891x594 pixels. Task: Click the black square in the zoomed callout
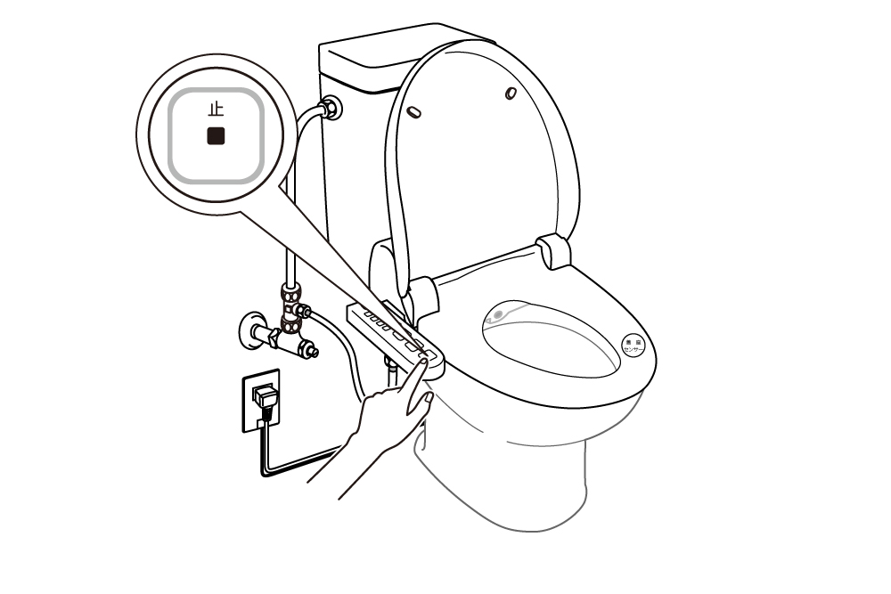(216, 137)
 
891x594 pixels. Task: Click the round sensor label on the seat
(633, 346)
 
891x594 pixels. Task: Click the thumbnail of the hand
(428, 400)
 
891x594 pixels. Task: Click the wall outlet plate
(259, 401)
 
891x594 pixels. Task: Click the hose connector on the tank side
(331, 108)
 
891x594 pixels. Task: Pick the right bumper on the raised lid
(511, 94)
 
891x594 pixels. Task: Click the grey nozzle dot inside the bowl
(497, 314)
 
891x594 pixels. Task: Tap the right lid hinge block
(554, 250)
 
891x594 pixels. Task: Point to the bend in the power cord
(266, 472)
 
